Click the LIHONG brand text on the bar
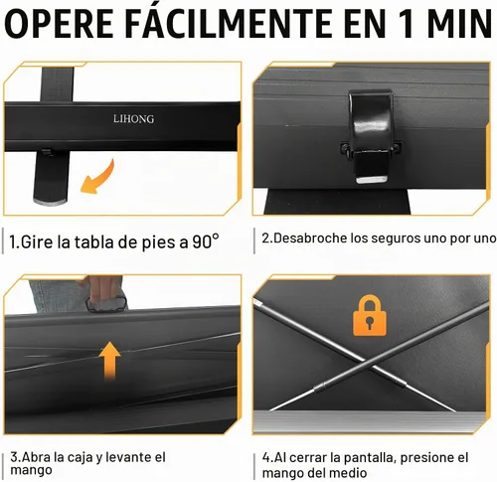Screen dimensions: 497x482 (133, 118)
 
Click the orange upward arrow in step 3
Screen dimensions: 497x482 (110, 361)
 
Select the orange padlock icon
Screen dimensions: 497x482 (370, 315)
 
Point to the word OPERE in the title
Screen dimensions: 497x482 (59, 24)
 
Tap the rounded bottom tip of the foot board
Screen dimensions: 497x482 (50, 200)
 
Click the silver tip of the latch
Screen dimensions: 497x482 (372, 180)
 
